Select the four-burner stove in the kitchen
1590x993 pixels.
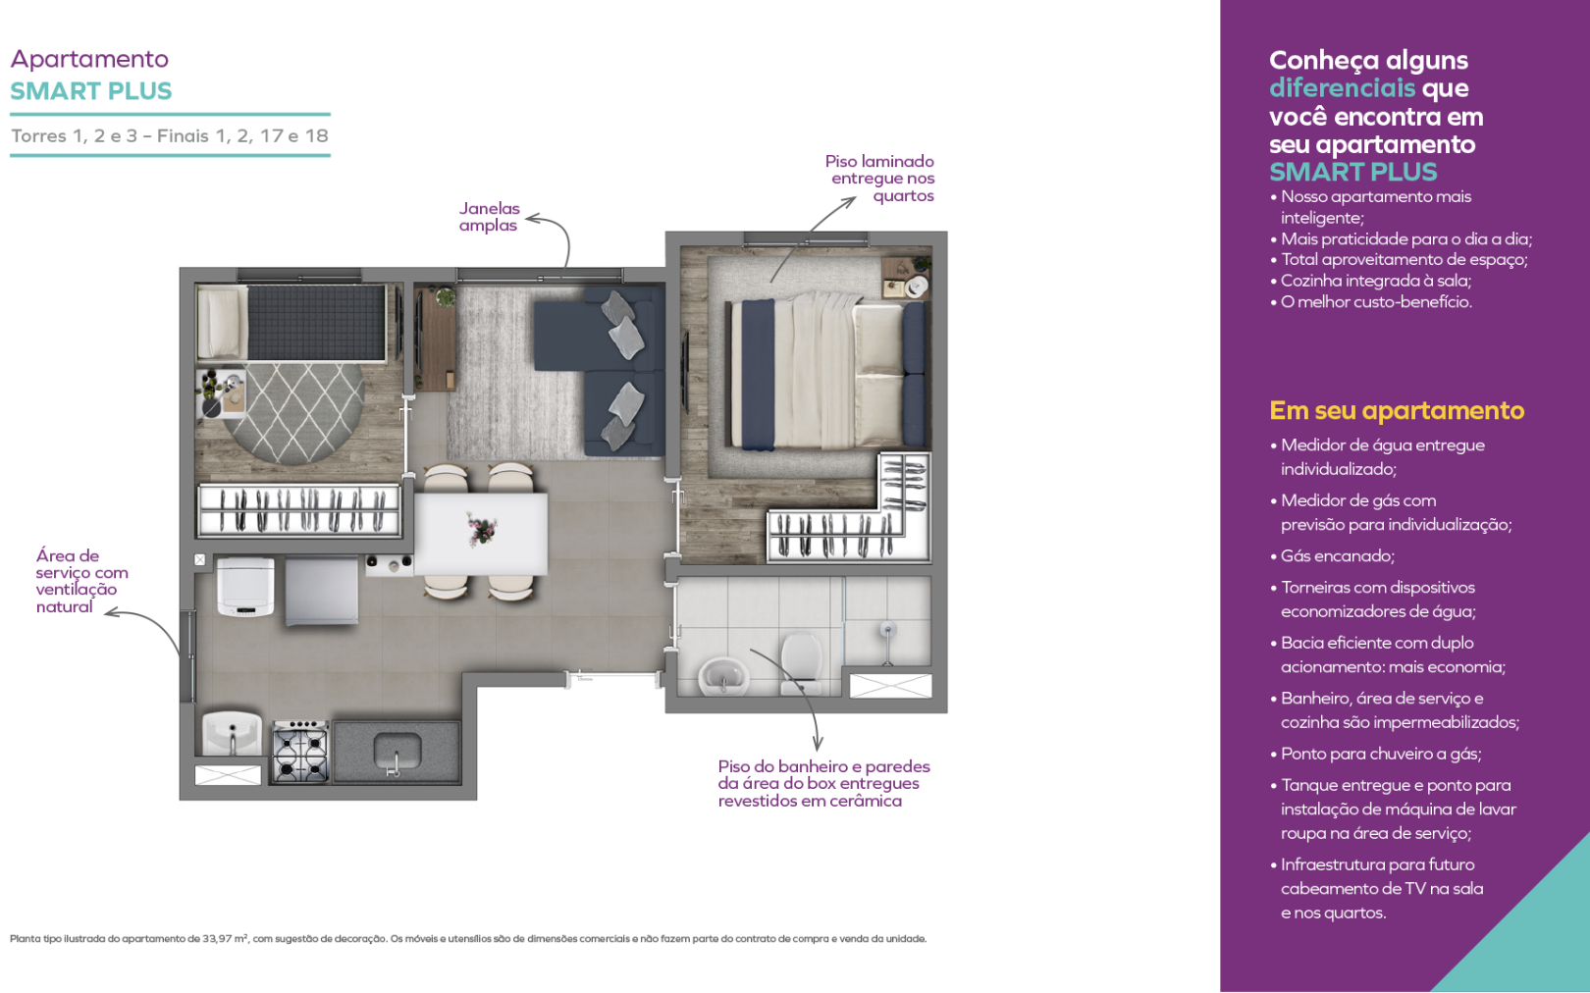[x=300, y=751]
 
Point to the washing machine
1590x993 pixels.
[x=245, y=587]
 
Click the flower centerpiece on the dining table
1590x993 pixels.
[x=481, y=530]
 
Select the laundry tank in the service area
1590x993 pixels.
[x=232, y=734]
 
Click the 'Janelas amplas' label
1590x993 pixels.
[x=489, y=217]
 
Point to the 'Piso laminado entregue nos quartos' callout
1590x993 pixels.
[x=879, y=179]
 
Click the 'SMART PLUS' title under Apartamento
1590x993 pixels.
[x=91, y=91]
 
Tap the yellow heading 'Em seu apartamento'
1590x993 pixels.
[x=1397, y=410]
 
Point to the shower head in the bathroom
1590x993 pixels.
[x=888, y=629]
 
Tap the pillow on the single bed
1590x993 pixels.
[x=222, y=322]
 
